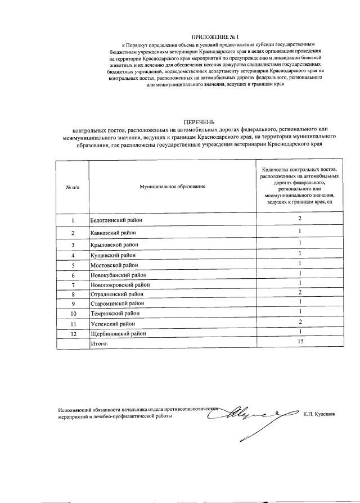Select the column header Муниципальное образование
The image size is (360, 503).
coord(173,185)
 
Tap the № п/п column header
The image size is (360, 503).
coord(73,185)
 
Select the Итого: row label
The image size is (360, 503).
coord(99,343)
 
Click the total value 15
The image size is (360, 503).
coord(300,341)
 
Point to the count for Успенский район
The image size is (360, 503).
coord(300,321)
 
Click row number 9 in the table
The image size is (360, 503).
coord(73,304)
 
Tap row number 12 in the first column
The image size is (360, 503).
coord(73,333)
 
